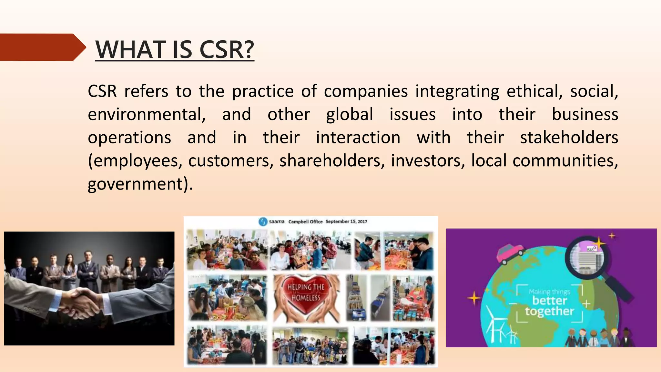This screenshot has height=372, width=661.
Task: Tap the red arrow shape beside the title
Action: click(x=42, y=47)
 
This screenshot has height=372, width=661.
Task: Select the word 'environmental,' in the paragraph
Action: click(x=147, y=115)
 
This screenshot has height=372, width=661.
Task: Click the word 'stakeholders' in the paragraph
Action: click(x=569, y=138)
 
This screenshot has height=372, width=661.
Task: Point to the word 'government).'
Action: click(x=140, y=184)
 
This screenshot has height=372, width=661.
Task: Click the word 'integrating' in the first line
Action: click(x=457, y=91)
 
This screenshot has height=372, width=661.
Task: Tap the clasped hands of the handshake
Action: click(x=81, y=302)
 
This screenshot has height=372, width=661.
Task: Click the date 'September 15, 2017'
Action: click(x=346, y=222)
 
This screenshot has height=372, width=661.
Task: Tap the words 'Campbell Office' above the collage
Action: click(x=305, y=222)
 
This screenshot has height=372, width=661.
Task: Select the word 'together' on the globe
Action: click(x=549, y=311)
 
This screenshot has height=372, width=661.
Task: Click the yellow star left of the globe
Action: click(x=474, y=298)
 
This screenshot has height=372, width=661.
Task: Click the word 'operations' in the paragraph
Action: click(x=129, y=138)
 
